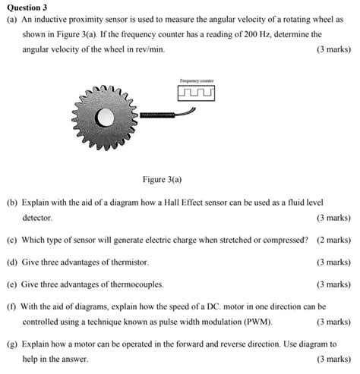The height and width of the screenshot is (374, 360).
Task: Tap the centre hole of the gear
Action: [104, 118]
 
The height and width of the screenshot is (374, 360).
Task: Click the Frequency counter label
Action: [196, 80]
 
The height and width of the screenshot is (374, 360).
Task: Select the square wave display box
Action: [196, 93]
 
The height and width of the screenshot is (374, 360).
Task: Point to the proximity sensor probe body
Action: [156, 115]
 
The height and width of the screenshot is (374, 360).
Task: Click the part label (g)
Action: [11, 344]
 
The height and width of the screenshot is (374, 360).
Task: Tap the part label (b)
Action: [11, 203]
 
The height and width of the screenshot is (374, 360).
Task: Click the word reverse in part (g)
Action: [213, 344]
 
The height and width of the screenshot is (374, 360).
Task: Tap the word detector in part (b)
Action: [37, 217]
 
